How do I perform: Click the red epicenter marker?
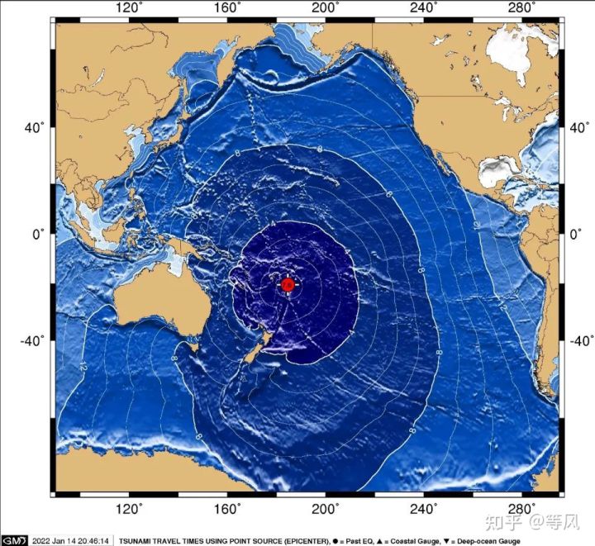click(287, 285)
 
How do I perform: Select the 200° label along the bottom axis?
click(326, 508)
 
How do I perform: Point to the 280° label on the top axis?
click(522, 8)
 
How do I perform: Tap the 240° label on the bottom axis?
click(424, 508)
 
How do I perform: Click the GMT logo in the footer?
click(14, 541)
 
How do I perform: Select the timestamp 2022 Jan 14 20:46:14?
click(72, 541)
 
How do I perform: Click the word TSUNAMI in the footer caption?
click(136, 541)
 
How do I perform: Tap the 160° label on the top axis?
click(227, 8)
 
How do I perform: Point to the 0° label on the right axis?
click(575, 234)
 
